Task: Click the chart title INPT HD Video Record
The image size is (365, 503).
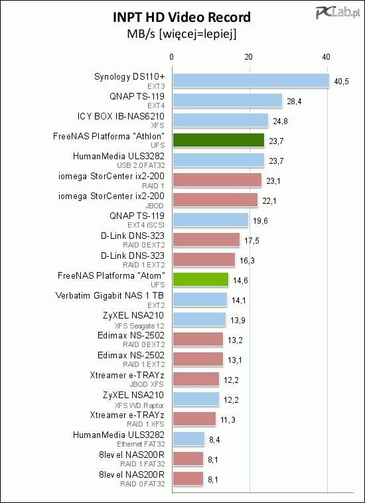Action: click(x=182, y=17)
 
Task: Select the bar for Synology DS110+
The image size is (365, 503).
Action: click(x=251, y=80)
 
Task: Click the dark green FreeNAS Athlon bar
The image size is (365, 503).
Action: click(x=219, y=140)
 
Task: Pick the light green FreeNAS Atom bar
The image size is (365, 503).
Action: click(x=201, y=279)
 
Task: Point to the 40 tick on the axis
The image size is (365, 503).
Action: click(x=327, y=57)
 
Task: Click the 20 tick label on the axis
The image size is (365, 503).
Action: click(x=249, y=57)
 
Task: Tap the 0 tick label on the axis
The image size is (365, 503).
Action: click(x=172, y=57)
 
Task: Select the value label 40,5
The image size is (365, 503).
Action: click(x=341, y=81)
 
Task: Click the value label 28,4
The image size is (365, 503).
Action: click(x=294, y=102)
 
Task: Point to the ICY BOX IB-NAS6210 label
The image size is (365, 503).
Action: click(x=121, y=116)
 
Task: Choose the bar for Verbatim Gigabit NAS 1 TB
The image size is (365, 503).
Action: click(x=200, y=299)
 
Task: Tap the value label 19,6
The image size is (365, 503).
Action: click(x=260, y=221)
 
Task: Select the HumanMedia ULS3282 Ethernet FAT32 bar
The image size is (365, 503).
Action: click(x=188, y=439)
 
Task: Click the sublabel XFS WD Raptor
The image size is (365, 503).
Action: click(x=143, y=405)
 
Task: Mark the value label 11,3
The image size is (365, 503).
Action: click(x=228, y=419)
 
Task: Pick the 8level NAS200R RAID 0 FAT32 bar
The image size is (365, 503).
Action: click(x=188, y=478)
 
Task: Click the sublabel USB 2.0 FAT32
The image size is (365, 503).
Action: click(x=141, y=166)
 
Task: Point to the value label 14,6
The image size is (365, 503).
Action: click(x=240, y=281)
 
